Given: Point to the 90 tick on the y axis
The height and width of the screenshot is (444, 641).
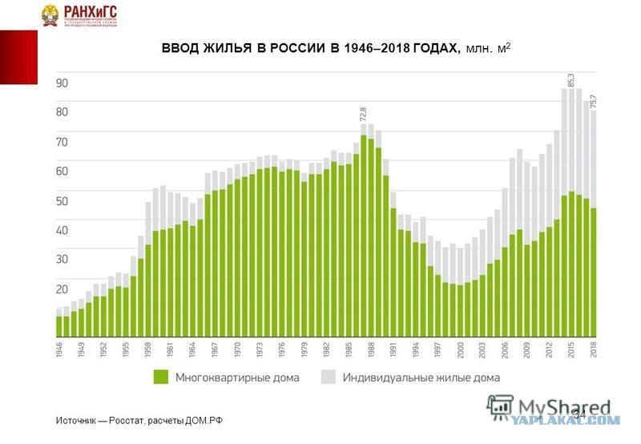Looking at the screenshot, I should pos(62,83).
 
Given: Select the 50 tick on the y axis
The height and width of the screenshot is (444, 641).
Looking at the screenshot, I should pos(62,200).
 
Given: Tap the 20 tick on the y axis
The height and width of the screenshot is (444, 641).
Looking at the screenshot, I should pos(62,289).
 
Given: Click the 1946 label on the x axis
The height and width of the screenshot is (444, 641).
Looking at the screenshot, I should pos(59,349).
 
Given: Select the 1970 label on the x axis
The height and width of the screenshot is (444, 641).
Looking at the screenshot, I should pos(238,349).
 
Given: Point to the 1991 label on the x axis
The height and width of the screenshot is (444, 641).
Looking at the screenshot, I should pos(393,349).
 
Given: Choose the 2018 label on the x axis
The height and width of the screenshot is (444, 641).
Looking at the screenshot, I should pos(595,349).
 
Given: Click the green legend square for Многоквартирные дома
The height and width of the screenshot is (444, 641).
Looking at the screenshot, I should pos(160,377).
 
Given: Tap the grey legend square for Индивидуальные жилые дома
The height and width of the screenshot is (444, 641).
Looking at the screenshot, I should pos(328,377).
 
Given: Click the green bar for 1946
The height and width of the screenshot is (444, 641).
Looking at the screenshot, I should pos(59,327).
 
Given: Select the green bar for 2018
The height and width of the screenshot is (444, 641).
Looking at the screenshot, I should pos(595,272).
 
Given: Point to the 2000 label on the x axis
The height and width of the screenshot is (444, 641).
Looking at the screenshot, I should pos(461,349).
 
